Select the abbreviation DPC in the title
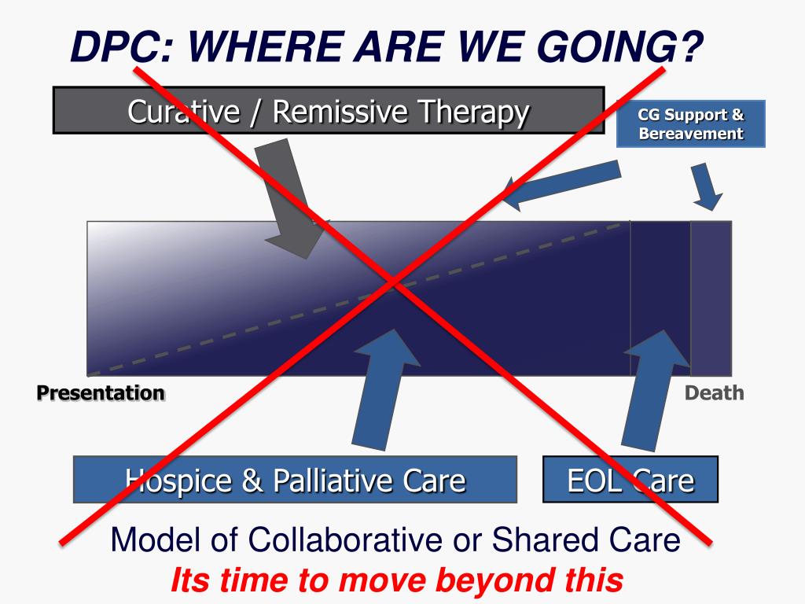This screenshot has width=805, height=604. point(110,48)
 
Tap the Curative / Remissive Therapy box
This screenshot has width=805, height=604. point(328,111)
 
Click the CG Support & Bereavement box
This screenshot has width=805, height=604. point(690,124)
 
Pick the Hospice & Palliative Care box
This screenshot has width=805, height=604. point(295,479)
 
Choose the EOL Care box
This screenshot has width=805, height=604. point(630,479)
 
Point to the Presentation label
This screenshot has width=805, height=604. point(101,392)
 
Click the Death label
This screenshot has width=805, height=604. point(714,392)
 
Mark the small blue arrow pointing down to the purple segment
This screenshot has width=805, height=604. point(706,187)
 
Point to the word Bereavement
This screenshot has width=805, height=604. point(690,133)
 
